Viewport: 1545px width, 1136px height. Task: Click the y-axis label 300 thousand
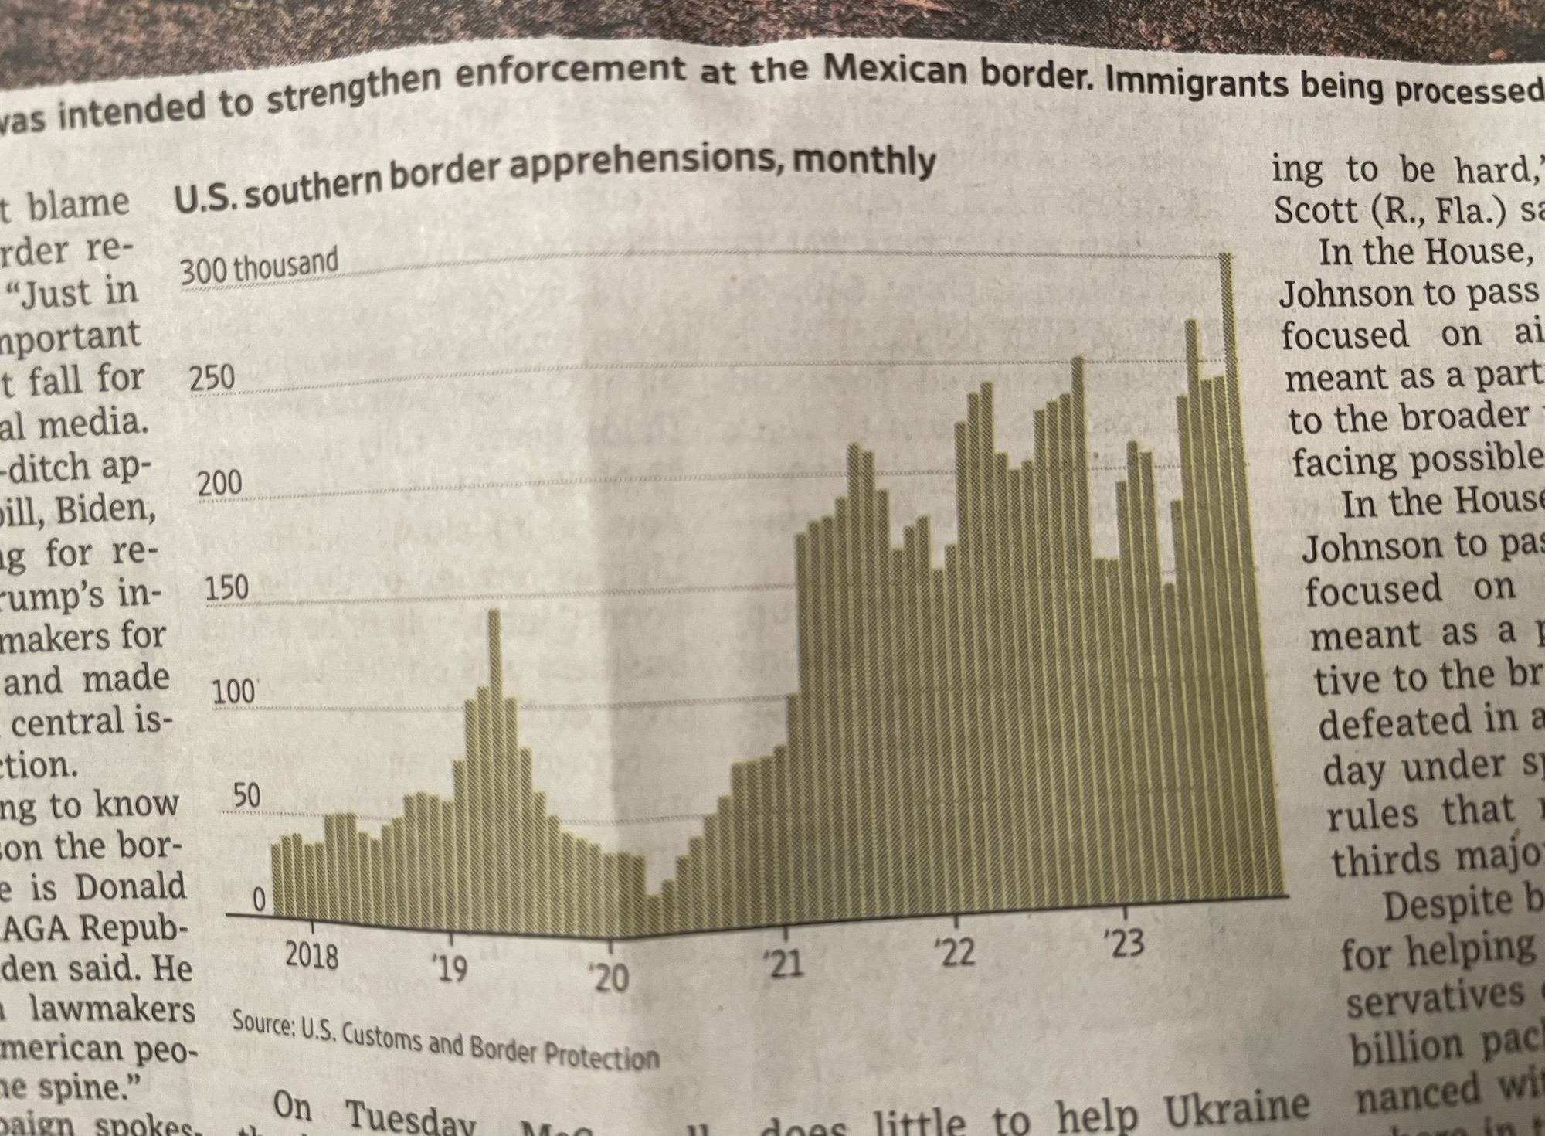click(x=259, y=266)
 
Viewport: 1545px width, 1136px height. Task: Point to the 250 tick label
click(x=212, y=378)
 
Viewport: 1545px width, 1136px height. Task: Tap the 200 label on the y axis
click(x=219, y=484)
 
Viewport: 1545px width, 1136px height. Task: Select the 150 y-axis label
click(x=226, y=588)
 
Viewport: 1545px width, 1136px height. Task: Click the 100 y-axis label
click(x=234, y=692)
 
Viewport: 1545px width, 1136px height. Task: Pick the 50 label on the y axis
click(x=246, y=796)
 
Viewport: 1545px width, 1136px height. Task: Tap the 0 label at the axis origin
click(x=259, y=900)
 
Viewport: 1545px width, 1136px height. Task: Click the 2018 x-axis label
click(x=311, y=957)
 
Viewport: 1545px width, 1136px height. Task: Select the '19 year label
click(x=450, y=968)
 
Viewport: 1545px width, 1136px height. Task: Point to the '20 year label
click(x=610, y=978)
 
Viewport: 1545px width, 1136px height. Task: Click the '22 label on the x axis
click(x=956, y=954)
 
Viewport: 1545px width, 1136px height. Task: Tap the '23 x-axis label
click(x=1124, y=944)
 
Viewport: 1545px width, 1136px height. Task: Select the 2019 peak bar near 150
click(x=494, y=757)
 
